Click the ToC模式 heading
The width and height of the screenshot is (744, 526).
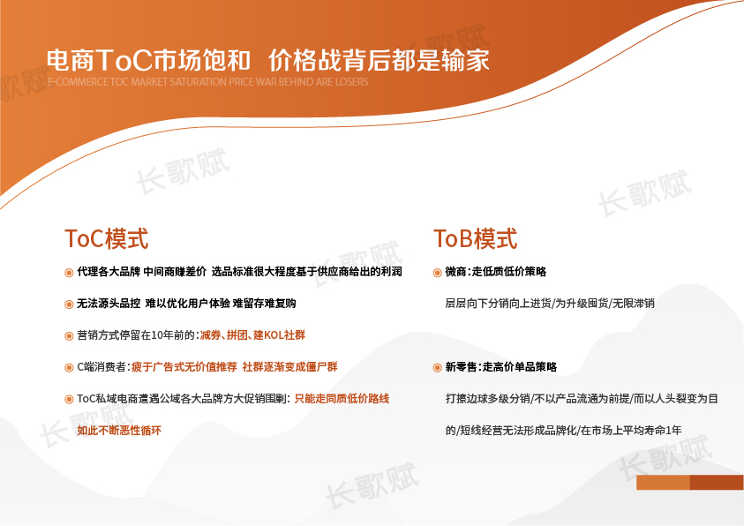point(106,238)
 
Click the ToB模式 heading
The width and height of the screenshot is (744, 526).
point(475,238)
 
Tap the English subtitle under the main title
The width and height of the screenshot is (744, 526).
point(207,81)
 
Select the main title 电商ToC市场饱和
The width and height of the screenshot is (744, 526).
point(148,60)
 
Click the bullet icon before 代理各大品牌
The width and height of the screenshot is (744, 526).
point(69,272)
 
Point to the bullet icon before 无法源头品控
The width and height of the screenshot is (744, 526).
point(69,304)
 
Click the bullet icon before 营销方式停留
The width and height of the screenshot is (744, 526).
point(69,335)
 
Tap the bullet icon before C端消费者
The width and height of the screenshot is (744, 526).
point(69,368)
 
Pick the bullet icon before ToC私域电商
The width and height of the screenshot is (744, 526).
point(69,400)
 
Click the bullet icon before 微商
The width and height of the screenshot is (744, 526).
point(438,272)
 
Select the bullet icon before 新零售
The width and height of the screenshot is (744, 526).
point(438,368)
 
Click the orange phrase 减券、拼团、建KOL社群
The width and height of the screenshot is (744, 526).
point(252,335)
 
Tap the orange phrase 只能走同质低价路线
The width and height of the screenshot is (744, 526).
point(342,399)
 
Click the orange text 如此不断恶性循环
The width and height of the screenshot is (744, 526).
point(119,431)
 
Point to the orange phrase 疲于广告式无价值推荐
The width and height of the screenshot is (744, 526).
point(184,367)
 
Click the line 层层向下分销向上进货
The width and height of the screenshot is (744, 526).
point(499,304)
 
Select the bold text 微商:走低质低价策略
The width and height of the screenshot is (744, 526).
point(496,272)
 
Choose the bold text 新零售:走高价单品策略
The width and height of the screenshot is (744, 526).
point(501,367)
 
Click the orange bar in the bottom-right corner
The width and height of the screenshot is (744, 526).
point(690,483)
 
